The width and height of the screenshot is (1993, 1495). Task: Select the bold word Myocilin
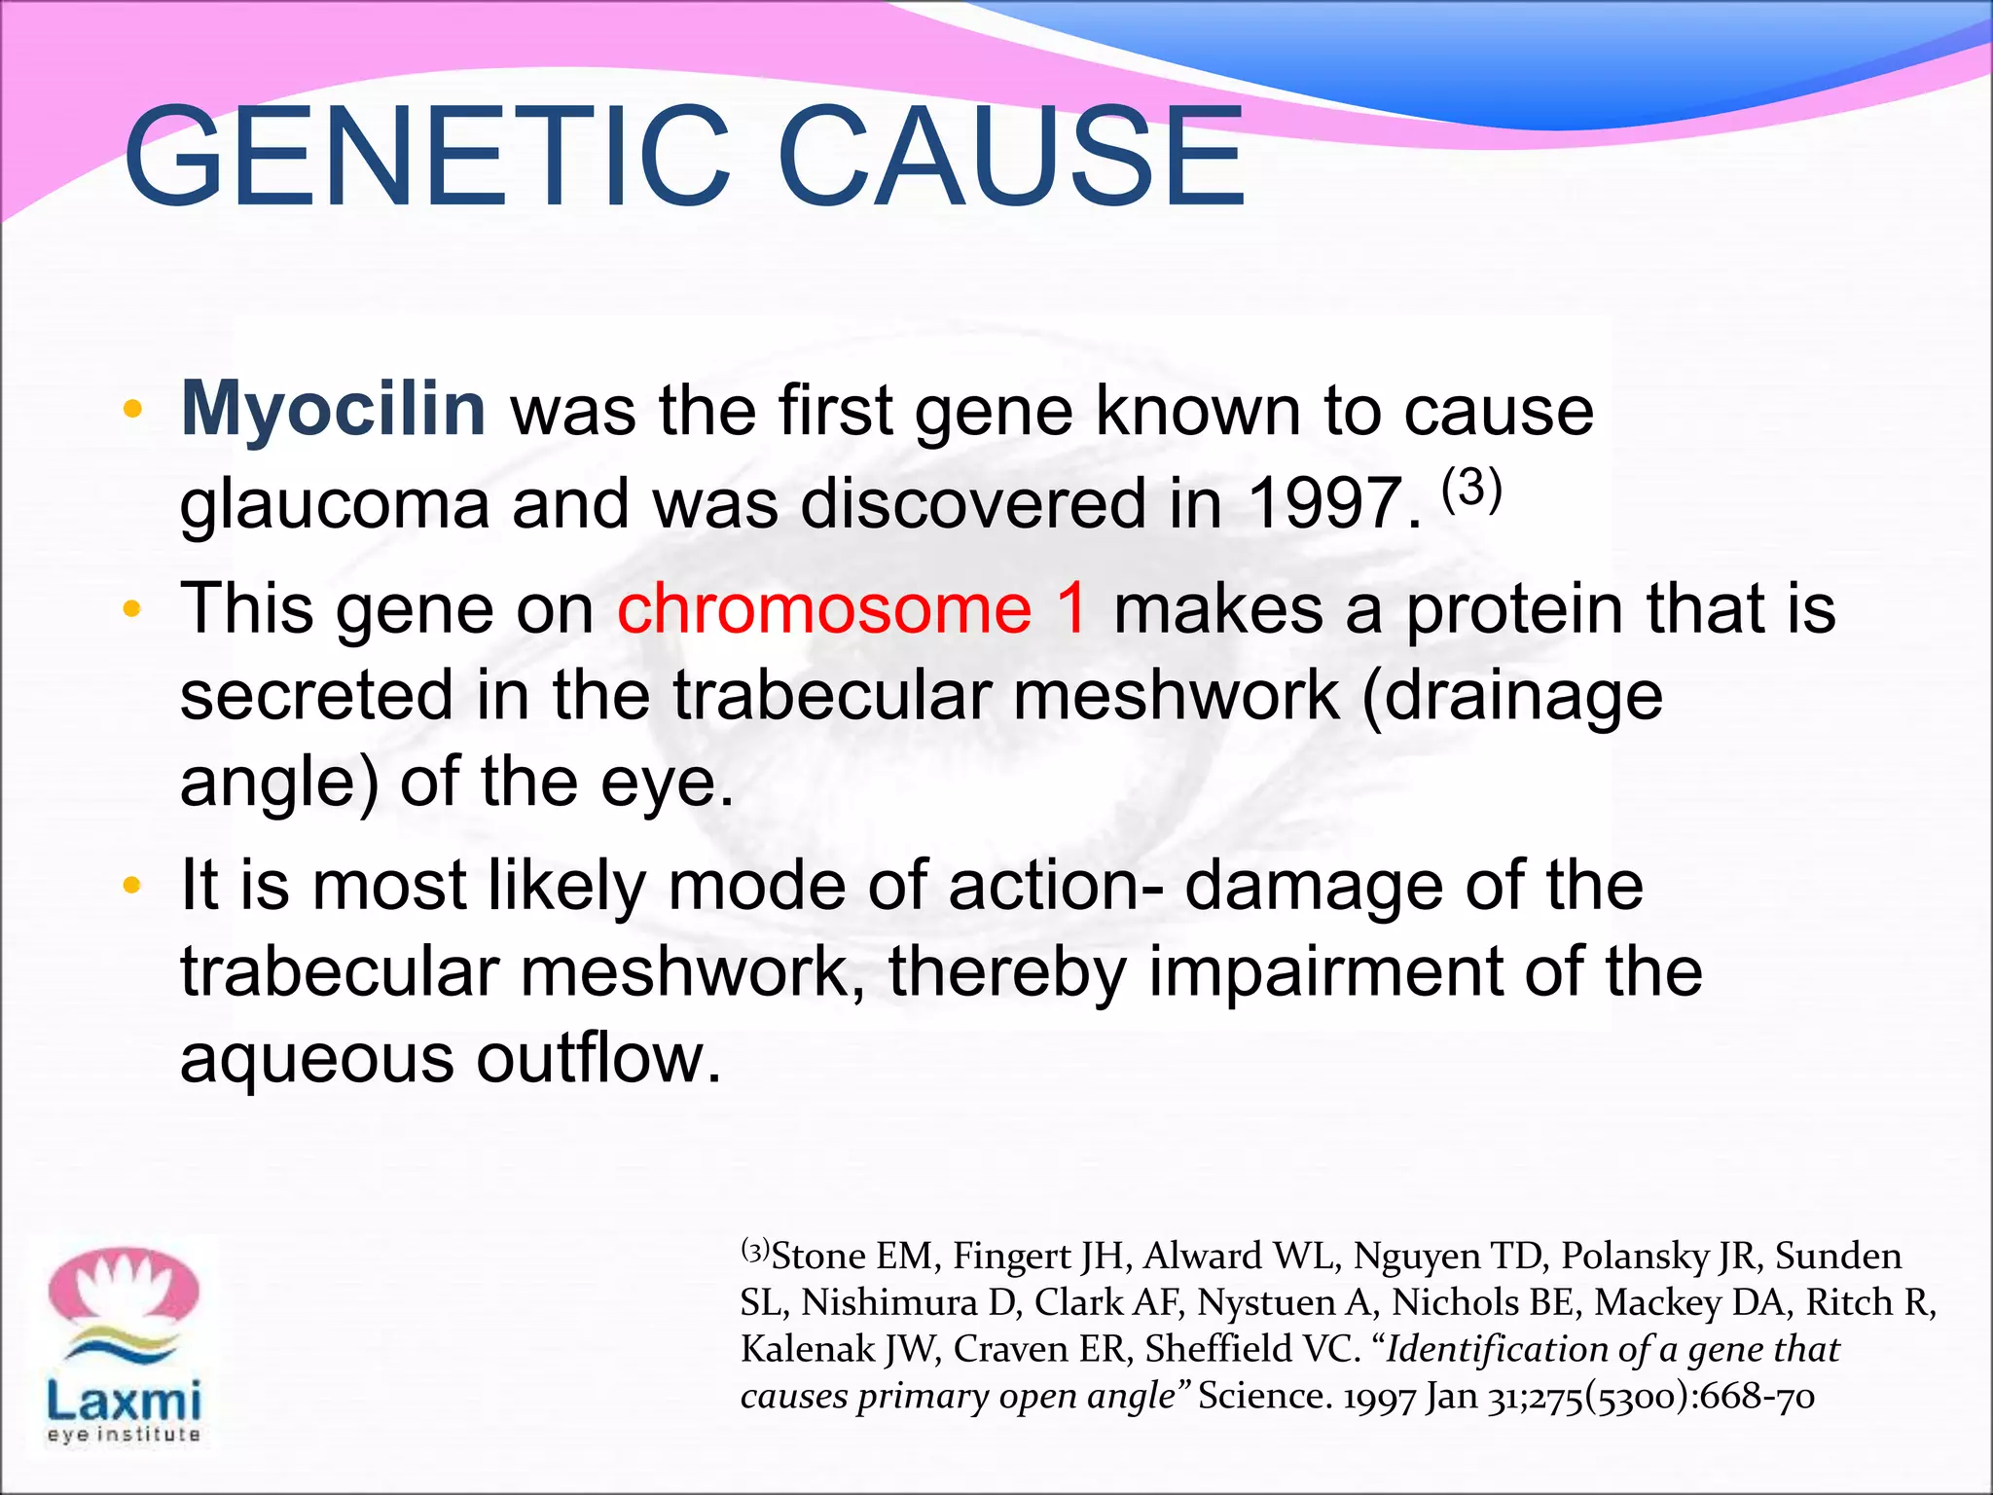click(x=333, y=409)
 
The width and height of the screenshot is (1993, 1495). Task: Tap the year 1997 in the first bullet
click(x=1333, y=504)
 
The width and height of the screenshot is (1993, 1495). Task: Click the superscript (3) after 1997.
click(x=1471, y=487)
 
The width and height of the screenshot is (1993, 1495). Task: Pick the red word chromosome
click(x=824, y=609)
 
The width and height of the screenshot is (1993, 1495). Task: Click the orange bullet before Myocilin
click(x=133, y=409)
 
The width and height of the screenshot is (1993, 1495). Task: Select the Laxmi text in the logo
click(x=124, y=1401)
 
